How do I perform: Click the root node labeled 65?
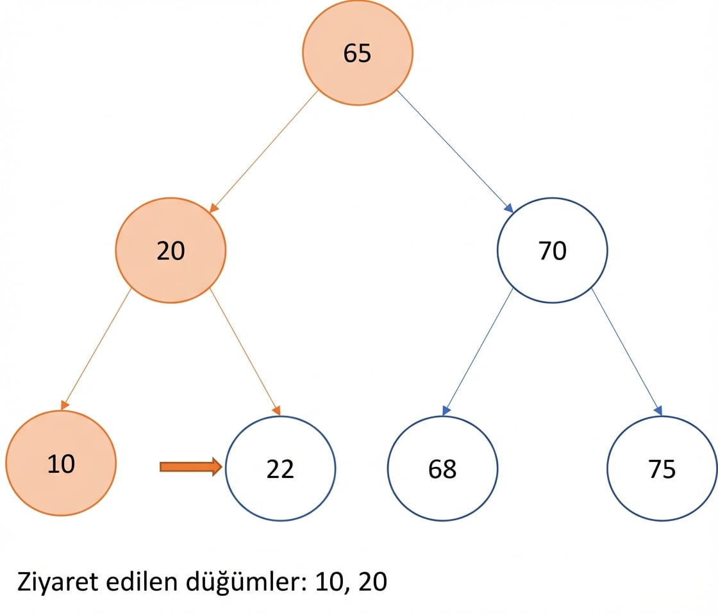pos(358,52)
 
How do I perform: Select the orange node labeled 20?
pos(171,250)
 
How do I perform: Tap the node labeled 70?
pos(552,250)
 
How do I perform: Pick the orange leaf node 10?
pos(61,463)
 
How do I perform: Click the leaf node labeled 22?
pos(280,468)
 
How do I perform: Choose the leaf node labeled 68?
pos(442,468)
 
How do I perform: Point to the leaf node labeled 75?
pos(662,468)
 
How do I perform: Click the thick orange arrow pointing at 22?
pos(191,467)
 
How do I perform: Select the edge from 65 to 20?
pos(263,151)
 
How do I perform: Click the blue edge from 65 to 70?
pos(455,151)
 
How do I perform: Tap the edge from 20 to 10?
pos(96,349)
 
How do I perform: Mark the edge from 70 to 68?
pos(478,352)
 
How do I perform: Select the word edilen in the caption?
pos(142,582)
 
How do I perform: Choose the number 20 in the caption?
pos(372,582)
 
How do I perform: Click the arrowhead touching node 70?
pos(508,208)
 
